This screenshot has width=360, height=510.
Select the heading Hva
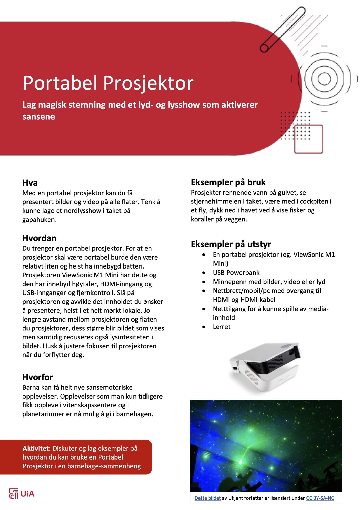click(30, 183)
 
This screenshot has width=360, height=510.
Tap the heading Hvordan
click(39, 238)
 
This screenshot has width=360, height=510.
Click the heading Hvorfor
click(38, 377)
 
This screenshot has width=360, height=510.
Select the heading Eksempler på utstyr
click(231, 244)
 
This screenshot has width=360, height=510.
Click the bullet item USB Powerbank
click(236, 273)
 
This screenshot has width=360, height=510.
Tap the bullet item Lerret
click(222, 327)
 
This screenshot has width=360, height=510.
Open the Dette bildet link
click(208, 498)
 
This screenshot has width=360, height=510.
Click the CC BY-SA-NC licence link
click(320, 498)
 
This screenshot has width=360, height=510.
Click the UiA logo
click(22, 494)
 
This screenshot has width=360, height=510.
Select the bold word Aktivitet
click(37, 449)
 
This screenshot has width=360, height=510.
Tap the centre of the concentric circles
click(324, 79)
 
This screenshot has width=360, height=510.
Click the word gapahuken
click(39, 220)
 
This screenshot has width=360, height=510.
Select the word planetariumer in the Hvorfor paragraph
click(44, 414)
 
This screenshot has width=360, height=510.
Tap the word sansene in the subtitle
click(39, 117)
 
